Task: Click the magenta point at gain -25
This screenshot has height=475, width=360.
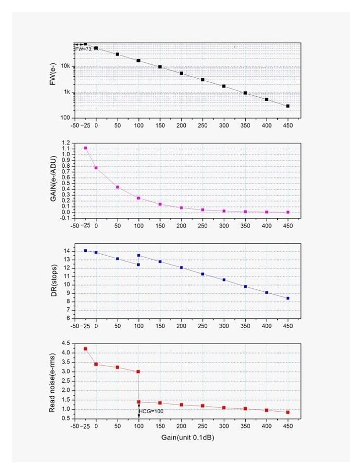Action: point(86,148)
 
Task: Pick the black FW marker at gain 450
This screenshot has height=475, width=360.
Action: point(288,106)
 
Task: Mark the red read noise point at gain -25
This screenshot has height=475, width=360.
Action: point(86,349)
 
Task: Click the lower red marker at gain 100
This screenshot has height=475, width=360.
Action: point(139,402)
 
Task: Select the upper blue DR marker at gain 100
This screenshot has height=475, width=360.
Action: point(139,255)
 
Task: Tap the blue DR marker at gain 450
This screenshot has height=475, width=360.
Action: point(288,299)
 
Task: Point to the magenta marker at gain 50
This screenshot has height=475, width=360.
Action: point(117,187)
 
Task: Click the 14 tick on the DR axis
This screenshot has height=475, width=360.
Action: point(68,251)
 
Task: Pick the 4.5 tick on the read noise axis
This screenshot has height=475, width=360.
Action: point(67,343)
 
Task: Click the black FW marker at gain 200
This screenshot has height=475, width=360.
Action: point(181,73)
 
